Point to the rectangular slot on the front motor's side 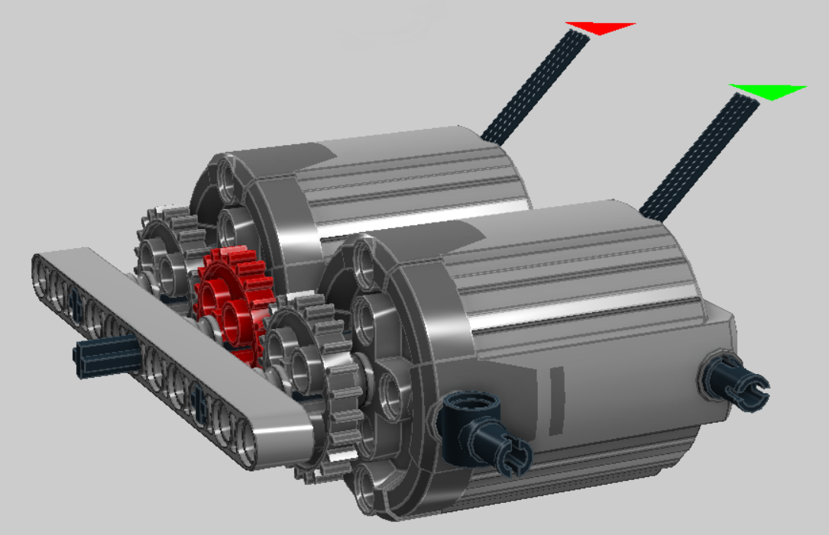[556, 381]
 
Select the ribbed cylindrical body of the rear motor [405, 183]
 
